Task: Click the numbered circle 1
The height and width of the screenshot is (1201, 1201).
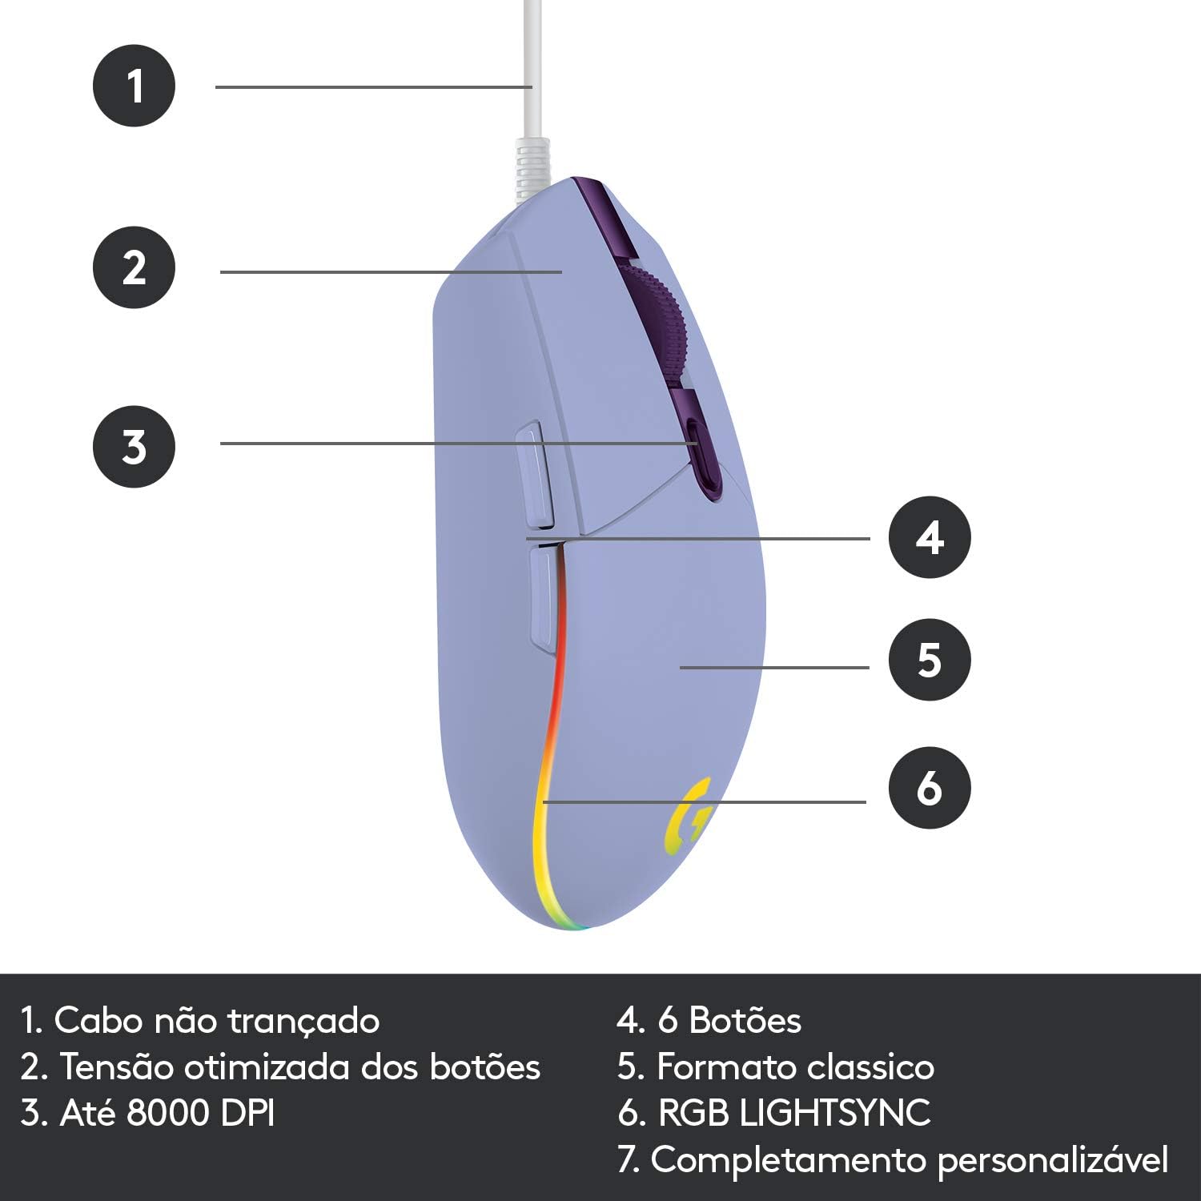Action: tap(134, 85)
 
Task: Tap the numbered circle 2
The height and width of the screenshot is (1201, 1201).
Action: tap(134, 267)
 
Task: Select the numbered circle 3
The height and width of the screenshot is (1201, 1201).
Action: tap(134, 446)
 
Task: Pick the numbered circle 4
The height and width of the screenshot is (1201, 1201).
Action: tap(930, 537)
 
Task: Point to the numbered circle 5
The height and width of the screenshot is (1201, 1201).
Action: tap(930, 661)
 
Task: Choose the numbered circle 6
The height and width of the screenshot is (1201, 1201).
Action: tap(930, 788)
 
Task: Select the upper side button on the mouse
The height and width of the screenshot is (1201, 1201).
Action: tap(534, 476)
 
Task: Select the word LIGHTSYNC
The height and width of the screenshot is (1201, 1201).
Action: tap(835, 1113)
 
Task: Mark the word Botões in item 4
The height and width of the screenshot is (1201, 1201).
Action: tap(745, 1020)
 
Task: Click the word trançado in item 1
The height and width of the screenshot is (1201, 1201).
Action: tap(303, 1022)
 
